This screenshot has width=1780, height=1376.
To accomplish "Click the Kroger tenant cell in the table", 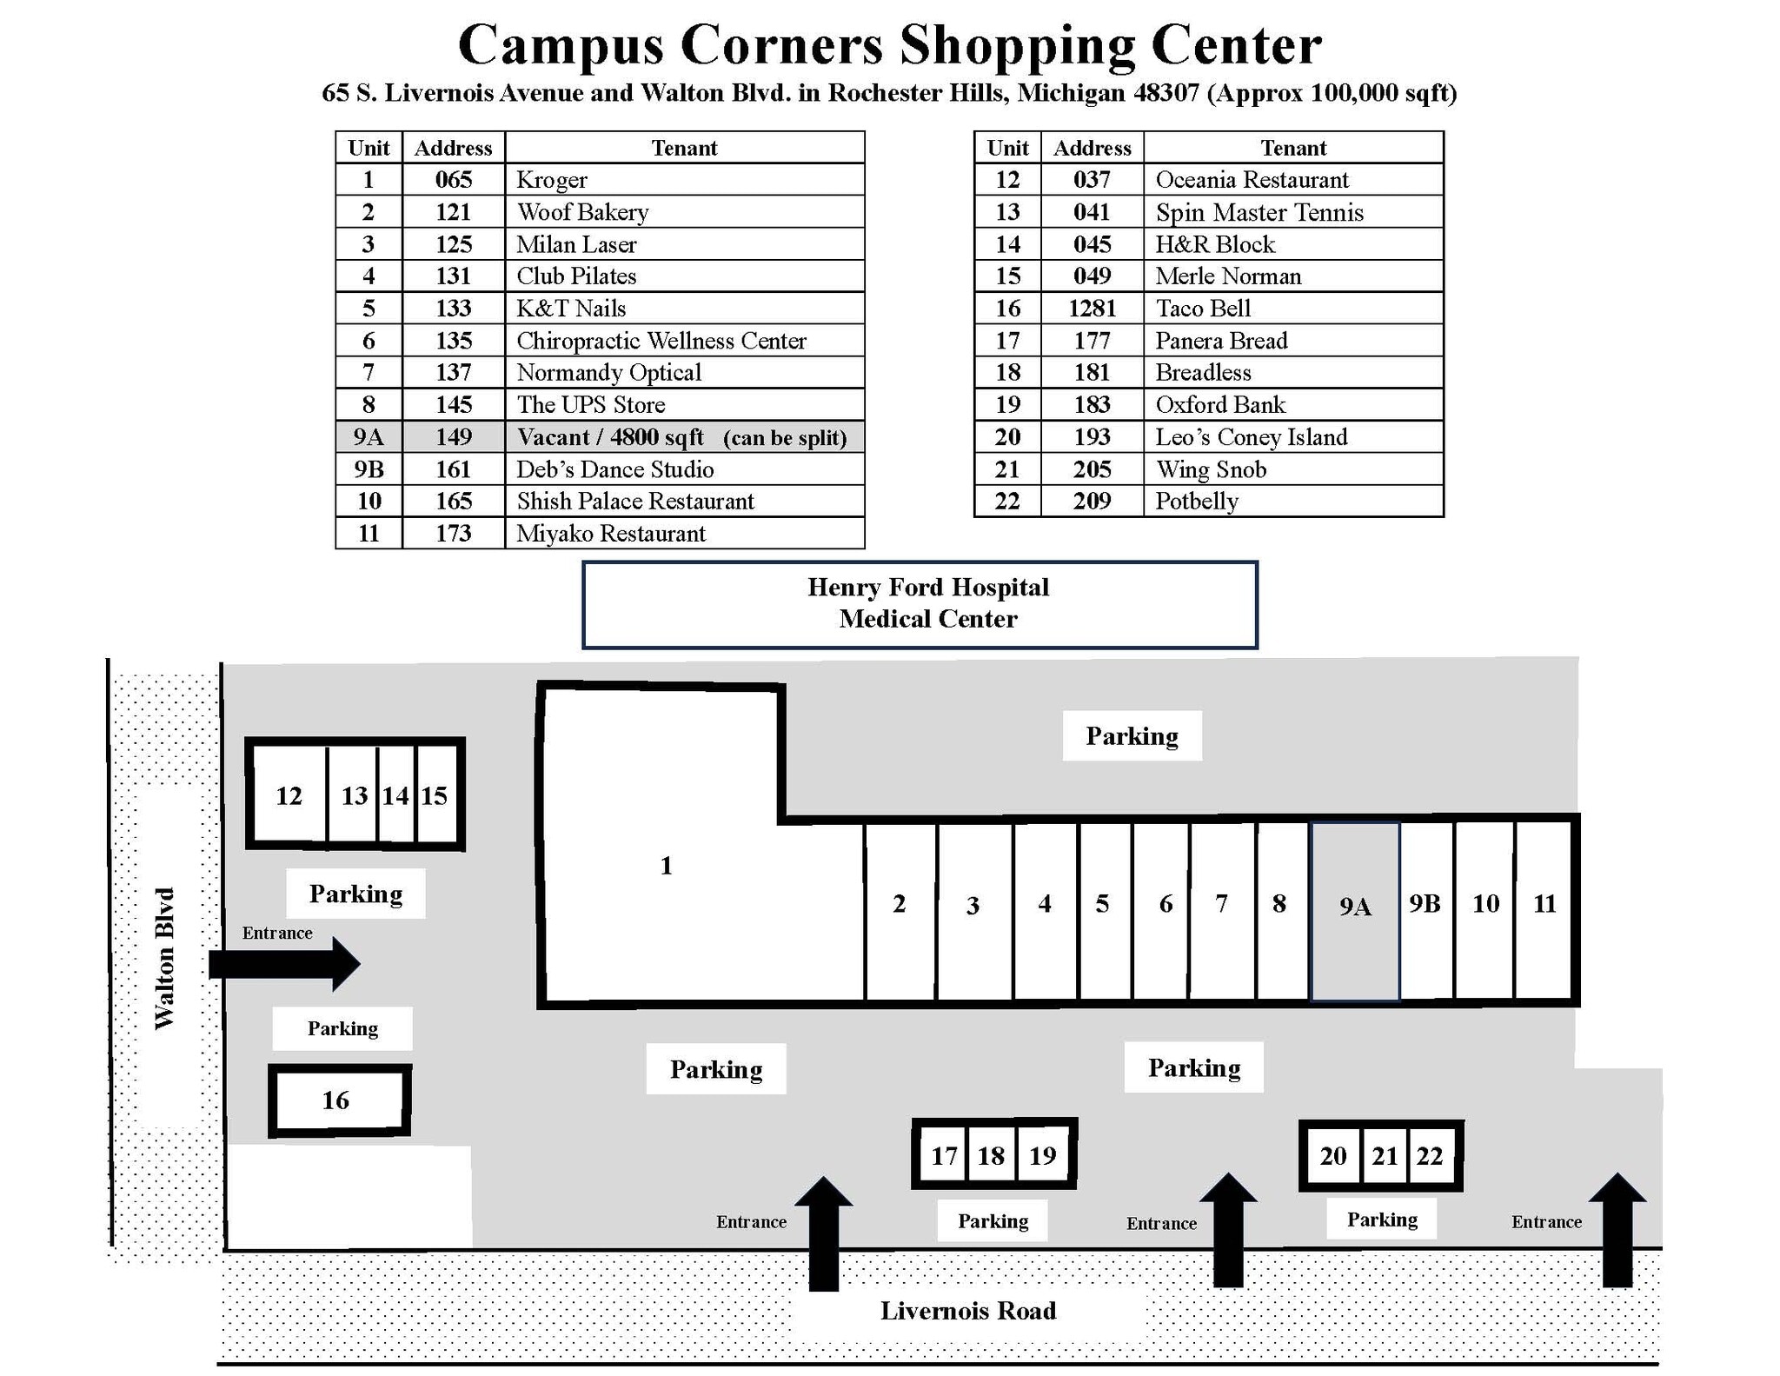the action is click(x=684, y=179).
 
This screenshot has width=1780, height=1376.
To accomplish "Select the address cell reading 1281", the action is click(x=1092, y=308).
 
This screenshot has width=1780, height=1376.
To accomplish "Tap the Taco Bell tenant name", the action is click(x=1203, y=309).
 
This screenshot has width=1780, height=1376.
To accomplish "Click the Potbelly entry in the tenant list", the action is click(x=1197, y=502).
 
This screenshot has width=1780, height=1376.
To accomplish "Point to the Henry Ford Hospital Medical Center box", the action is click(x=920, y=604).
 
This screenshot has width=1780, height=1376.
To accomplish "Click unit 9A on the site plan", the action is click(x=1355, y=911).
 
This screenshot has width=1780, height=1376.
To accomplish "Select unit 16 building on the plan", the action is click(x=339, y=1100).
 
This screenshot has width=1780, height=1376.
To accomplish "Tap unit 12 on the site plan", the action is click(x=289, y=794).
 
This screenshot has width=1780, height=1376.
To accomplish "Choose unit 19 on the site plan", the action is click(x=1043, y=1154).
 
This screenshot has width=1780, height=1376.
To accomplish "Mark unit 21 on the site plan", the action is click(x=1385, y=1155).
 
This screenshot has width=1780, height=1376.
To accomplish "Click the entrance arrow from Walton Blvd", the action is click(x=284, y=964).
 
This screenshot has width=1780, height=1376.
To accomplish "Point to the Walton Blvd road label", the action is click(x=164, y=959).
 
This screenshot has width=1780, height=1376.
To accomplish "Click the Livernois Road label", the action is click(x=968, y=1311).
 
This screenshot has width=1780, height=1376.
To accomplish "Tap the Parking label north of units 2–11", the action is click(x=1132, y=736).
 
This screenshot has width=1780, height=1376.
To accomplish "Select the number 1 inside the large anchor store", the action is click(x=666, y=866).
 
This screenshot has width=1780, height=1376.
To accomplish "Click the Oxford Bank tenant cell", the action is click(x=1293, y=404).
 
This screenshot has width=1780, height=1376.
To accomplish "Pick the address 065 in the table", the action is click(x=454, y=179).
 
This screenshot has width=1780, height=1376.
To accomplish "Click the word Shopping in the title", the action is click(x=1017, y=45).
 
